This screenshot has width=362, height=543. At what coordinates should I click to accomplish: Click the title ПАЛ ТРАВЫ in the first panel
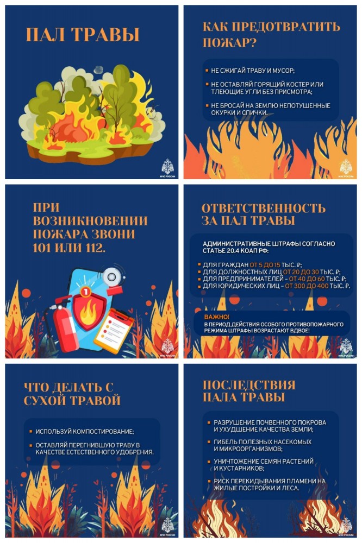click(x=83, y=35)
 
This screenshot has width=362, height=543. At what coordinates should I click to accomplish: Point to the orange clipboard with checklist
click(x=113, y=327)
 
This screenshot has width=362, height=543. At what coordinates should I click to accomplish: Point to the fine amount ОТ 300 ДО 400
click(x=309, y=286)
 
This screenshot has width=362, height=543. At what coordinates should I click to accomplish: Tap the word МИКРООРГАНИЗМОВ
click(x=248, y=449)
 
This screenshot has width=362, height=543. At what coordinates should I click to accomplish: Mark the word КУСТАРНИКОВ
click(x=240, y=468)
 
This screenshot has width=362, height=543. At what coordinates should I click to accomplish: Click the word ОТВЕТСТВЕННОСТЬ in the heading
click(x=264, y=208)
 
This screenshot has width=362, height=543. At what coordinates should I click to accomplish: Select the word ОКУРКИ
click(x=219, y=112)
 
